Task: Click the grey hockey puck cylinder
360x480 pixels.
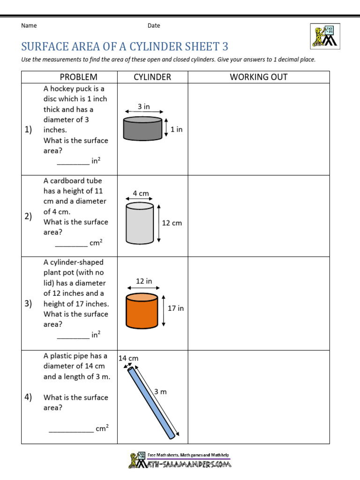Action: click(x=142, y=128)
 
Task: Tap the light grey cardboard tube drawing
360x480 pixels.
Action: click(x=140, y=224)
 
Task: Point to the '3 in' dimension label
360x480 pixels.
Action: click(x=143, y=107)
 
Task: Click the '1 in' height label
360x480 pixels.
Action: click(x=176, y=129)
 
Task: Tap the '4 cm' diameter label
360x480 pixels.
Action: click(x=141, y=193)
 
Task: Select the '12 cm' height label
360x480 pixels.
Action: click(x=172, y=223)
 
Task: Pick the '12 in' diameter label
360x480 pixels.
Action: click(x=144, y=281)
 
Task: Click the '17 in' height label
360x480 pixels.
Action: click(x=176, y=308)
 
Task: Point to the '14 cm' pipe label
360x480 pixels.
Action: click(x=128, y=358)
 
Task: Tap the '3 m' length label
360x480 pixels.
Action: click(x=160, y=391)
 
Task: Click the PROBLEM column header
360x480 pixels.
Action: click(x=78, y=77)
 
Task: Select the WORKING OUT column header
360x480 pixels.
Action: click(x=258, y=77)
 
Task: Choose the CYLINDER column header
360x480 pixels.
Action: click(x=152, y=77)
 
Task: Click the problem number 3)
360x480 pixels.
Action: click(x=28, y=304)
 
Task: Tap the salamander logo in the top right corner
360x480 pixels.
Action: click(x=324, y=35)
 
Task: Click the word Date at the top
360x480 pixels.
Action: click(x=154, y=26)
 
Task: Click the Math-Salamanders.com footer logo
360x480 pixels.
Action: click(x=180, y=461)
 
